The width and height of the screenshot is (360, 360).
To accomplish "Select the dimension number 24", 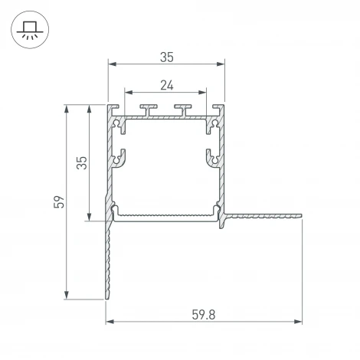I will click(167, 85).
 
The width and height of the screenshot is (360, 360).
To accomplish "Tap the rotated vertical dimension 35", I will click(83, 162).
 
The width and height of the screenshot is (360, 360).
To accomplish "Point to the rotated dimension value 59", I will click(58, 202).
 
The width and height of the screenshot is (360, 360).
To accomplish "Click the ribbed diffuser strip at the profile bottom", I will click(166, 215).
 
